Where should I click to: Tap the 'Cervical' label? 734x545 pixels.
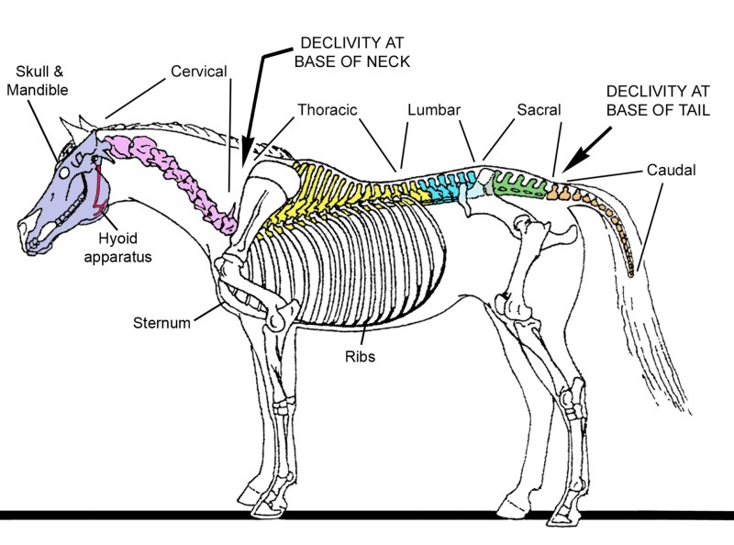(199, 72)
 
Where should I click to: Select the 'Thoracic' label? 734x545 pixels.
(326, 110)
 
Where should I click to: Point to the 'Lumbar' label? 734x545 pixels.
(431, 110)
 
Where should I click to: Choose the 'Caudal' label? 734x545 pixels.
(670, 170)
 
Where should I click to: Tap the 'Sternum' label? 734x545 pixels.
(161, 323)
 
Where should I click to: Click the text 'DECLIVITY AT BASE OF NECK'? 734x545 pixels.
(351, 53)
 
